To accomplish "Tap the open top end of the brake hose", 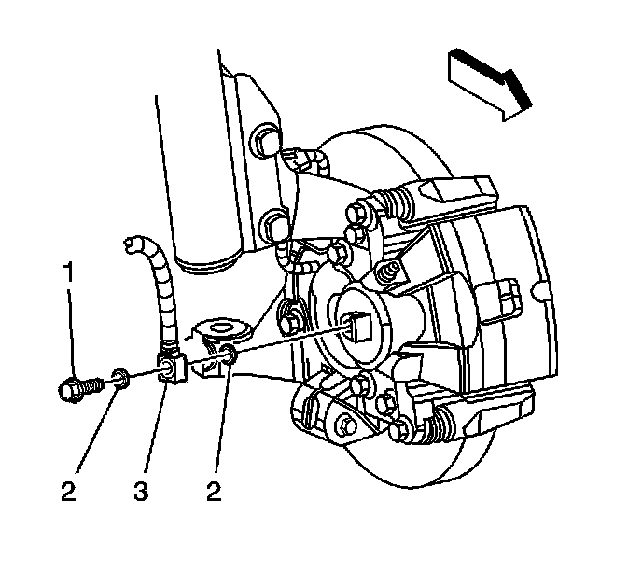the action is pos(129,245).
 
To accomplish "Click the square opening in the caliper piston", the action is pos(359,327).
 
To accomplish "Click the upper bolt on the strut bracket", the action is pos(267,137).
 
